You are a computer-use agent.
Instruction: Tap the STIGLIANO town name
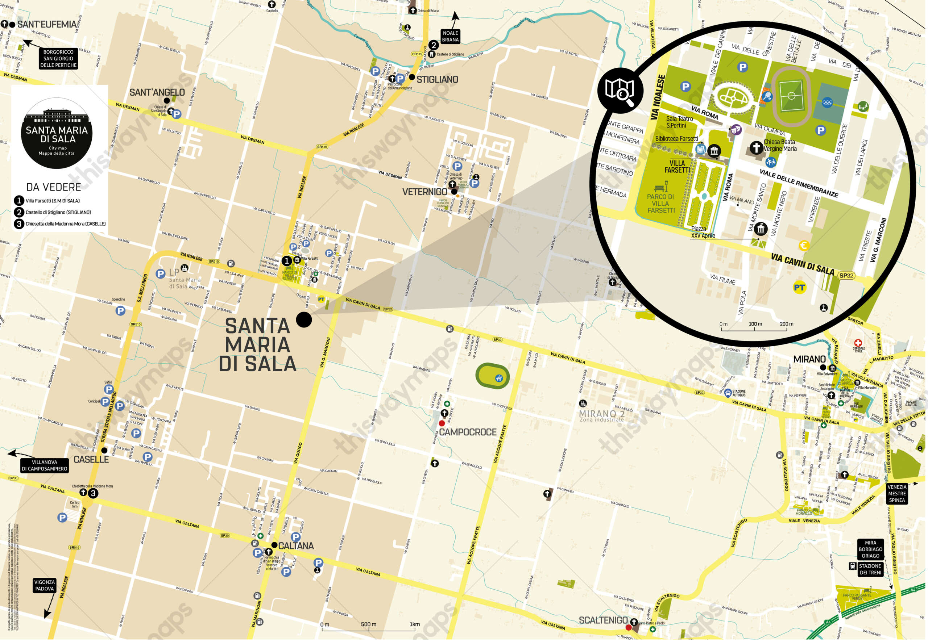pyautogui.click(x=437, y=79)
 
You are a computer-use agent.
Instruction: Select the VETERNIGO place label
pyautogui.click(x=424, y=192)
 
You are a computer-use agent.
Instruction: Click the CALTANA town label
pyautogui.click(x=296, y=546)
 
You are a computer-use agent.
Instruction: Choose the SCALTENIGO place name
pyautogui.click(x=603, y=620)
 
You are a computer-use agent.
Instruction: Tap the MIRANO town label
pyautogui.click(x=809, y=359)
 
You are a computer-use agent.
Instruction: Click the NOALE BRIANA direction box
pyautogui.click(x=450, y=36)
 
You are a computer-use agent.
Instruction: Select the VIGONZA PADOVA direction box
pyautogui.click(x=44, y=585)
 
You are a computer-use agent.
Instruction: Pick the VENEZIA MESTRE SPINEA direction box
pyautogui.click(x=897, y=493)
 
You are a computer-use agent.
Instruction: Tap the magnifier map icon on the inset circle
pyautogui.click(x=620, y=90)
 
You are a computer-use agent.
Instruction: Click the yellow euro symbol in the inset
pyautogui.click(x=804, y=246)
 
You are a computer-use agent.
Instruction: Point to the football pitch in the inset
pyautogui.click(x=791, y=96)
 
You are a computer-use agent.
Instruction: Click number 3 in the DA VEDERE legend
pyautogui.click(x=19, y=224)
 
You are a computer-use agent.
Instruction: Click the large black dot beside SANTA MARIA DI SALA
pyautogui.click(x=304, y=319)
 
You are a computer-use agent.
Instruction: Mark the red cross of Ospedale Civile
pyautogui.click(x=858, y=343)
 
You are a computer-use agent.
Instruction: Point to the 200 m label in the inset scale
pyautogui.click(x=786, y=323)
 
